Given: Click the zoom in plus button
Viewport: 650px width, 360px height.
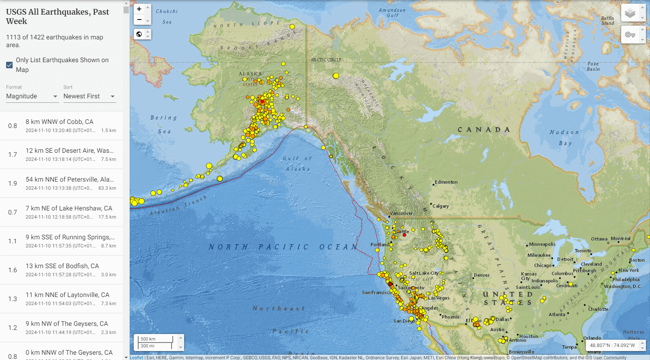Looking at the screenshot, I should tap(139, 9).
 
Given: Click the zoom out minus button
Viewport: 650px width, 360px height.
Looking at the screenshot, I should tap(139, 19).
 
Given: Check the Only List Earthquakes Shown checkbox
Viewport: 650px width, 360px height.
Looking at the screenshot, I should tap(9, 65).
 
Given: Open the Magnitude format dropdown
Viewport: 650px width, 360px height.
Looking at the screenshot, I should tap(32, 96).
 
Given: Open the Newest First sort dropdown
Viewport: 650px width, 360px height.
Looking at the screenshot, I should tap(89, 96).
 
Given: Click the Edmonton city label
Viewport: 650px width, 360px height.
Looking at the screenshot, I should tap(446, 182).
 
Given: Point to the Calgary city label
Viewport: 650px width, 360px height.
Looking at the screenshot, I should tap(441, 206).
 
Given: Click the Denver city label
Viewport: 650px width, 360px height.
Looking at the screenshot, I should tap(482, 275).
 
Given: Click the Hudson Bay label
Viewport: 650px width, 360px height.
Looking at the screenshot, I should tap(564, 137).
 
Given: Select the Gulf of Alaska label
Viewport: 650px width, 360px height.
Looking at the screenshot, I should tap(298, 163).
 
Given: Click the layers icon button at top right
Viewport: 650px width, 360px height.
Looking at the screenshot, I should tap(630, 13).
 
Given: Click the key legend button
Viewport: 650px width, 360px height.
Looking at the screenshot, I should tap(630, 35).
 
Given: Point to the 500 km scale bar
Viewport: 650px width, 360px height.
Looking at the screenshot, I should tap(156, 339).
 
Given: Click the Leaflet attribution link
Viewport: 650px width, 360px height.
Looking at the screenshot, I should tap(137, 358).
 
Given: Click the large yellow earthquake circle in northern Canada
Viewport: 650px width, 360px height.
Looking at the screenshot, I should tap(336, 76).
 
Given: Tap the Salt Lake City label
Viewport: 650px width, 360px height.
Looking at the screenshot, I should tap(424, 273).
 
